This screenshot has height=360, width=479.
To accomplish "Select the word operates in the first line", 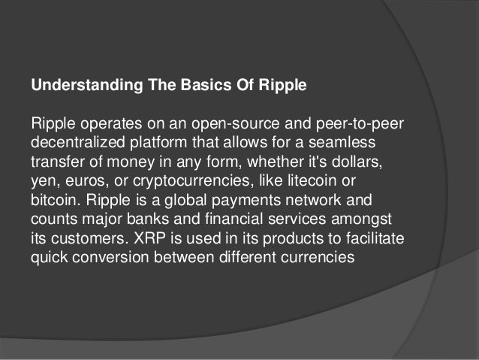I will (101, 123).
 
